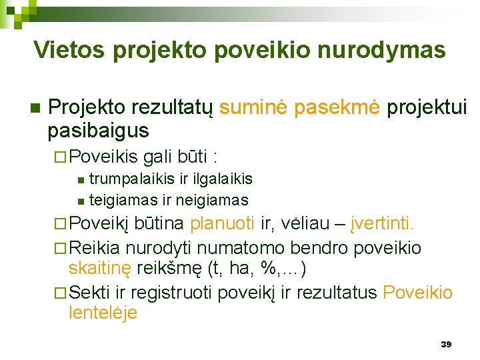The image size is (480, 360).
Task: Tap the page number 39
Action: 446,344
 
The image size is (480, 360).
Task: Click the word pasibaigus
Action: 98,130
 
